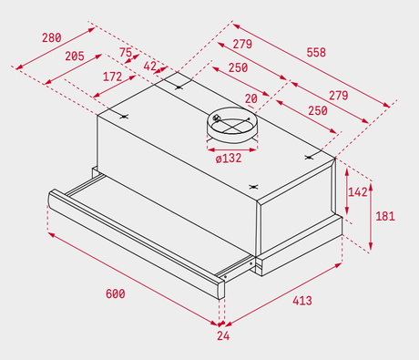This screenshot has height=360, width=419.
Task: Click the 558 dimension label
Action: [316, 53]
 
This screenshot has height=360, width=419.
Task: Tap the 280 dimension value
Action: [52, 38]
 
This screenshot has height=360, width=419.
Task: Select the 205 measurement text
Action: [75, 57]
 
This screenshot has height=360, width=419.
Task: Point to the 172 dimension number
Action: [112, 77]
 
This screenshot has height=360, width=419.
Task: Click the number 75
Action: [126, 52]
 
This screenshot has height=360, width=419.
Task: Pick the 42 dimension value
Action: [150, 67]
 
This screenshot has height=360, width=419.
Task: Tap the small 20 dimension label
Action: [251, 98]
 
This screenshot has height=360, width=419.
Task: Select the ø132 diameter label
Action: [229, 159]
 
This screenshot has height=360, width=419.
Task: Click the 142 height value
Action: [358, 192]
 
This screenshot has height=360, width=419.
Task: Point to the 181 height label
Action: [385, 216]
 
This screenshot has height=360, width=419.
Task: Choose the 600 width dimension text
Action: [116, 294]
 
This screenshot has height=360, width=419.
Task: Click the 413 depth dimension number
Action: [302, 301]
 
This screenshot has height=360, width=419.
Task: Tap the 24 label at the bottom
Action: [223, 335]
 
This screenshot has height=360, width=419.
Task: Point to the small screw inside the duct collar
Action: [217, 118]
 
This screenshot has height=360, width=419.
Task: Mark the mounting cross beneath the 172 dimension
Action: [124, 116]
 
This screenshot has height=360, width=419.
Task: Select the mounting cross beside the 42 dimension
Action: [179, 87]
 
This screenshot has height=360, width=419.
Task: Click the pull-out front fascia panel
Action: [137, 243]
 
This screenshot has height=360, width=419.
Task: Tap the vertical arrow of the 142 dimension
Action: [347, 191]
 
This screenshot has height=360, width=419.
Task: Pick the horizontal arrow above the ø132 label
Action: [232, 149]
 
